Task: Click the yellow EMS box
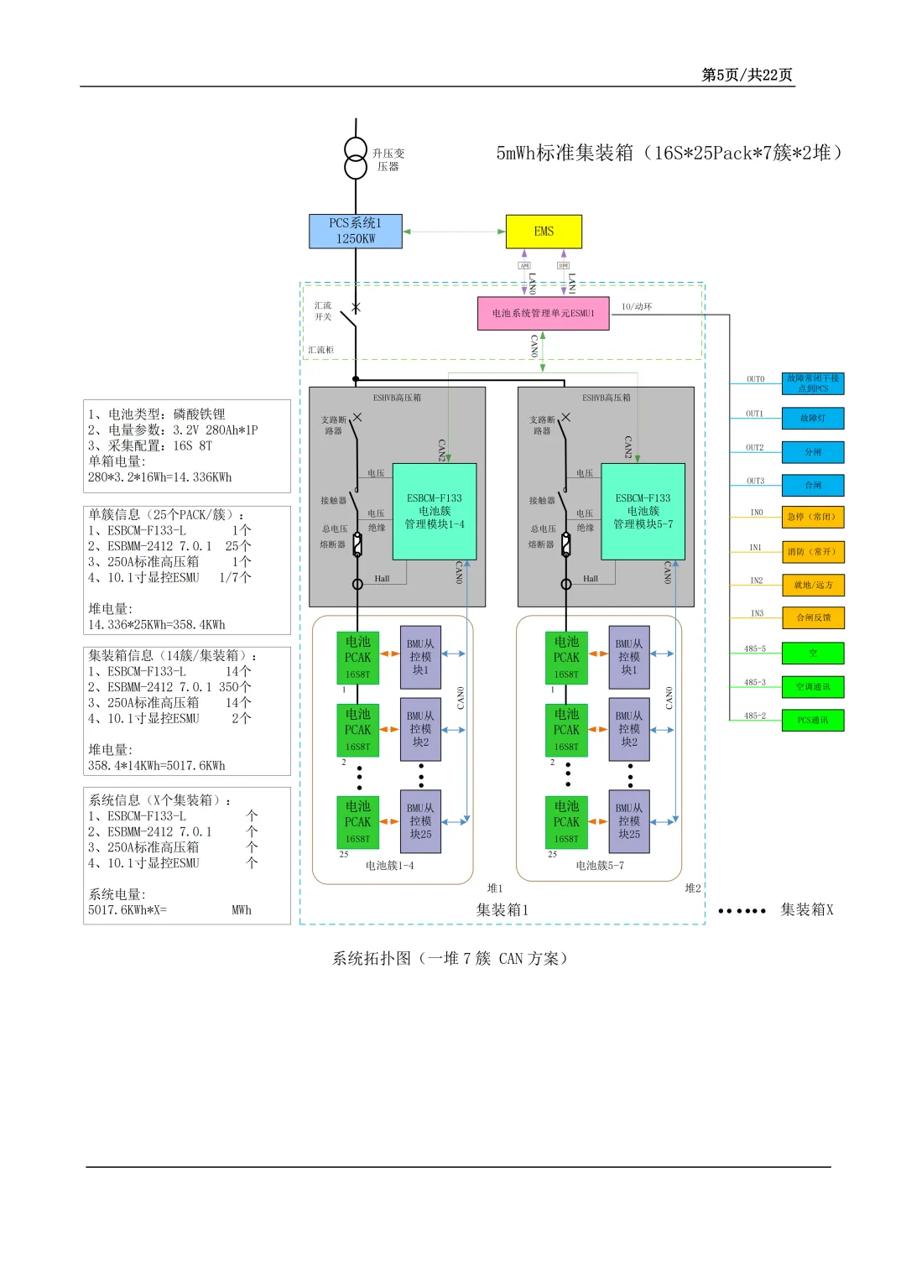[x=544, y=232]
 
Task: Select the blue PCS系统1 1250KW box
[x=356, y=232]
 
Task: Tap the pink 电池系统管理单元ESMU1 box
[x=543, y=313]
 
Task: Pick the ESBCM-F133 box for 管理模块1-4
[x=435, y=511]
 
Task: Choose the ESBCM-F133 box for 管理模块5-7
[x=643, y=511]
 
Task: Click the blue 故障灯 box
[x=812, y=418]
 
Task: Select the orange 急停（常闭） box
[x=812, y=517]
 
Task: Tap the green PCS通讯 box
[x=812, y=720]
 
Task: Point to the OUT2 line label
[x=755, y=448]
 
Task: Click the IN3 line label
[x=757, y=613]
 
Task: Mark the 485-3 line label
[x=755, y=682]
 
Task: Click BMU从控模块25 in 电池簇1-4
[x=420, y=821]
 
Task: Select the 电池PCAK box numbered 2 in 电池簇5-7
[x=566, y=730]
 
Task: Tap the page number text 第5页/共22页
[x=747, y=75]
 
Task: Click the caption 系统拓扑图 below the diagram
[x=450, y=958]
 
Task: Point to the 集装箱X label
[x=806, y=909]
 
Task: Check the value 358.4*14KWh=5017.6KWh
[x=157, y=765]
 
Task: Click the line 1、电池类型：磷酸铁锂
[x=157, y=414]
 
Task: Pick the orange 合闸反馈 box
[x=812, y=617]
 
